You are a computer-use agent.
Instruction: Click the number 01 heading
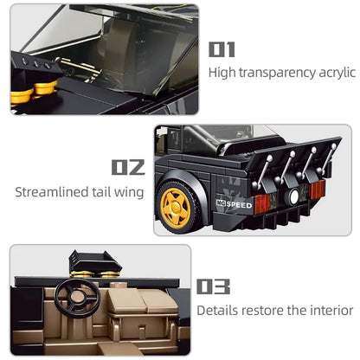(222, 49)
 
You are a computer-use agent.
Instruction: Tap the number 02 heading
(128, 167)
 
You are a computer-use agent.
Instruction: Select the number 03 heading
(213, 286)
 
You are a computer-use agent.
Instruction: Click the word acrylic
(337, 73)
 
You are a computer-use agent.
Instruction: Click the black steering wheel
(77, 296)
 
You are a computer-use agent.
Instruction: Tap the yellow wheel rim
(176, 208)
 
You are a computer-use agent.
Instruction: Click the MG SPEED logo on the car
(235, 204)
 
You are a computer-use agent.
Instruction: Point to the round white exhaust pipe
(293, 196)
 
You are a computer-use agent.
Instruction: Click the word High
(222, 73)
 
